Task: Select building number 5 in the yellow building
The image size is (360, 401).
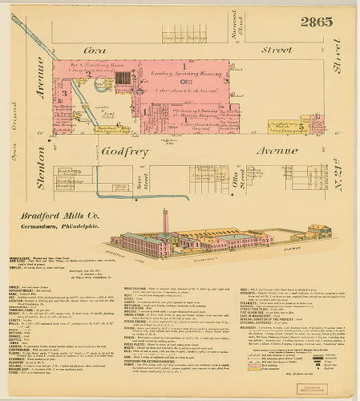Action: pos(301,125)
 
